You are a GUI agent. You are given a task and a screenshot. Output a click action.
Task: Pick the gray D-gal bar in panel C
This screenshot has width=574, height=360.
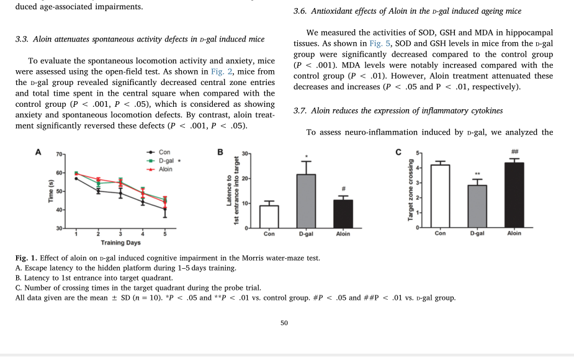[x=477, y=206]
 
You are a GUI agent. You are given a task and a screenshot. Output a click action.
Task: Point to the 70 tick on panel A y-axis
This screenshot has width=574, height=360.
[x=59, y=153]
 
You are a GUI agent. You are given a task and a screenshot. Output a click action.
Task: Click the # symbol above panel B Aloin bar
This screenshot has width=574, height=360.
[x=343, y=189]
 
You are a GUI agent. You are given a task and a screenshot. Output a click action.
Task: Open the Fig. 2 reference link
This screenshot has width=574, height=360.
[x=220, y=71]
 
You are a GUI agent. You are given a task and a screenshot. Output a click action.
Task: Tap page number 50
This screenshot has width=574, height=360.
[x=284, y=322]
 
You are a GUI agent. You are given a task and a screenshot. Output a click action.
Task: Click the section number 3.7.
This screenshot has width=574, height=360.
[x=300, y=110]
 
